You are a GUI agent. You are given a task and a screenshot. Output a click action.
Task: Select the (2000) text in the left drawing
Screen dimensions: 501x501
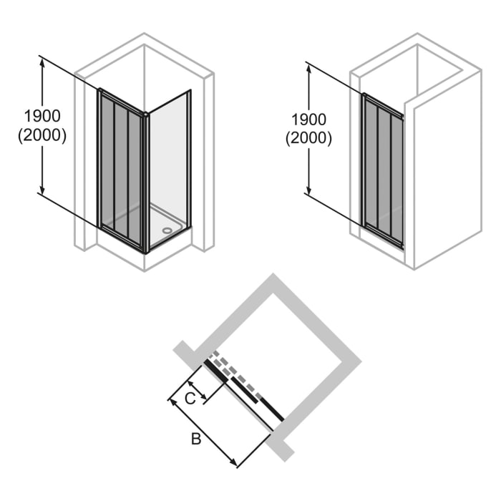coord(42,135)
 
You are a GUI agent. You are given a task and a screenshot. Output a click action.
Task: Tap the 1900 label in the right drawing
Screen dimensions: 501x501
coord(308,120)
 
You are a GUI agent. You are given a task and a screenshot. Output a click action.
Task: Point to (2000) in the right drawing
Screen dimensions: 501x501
coord(308,139)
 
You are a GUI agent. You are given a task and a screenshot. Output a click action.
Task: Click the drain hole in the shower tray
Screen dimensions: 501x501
coord(167,230)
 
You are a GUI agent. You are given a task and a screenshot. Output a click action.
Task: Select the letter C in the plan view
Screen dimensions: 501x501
coord(190,399)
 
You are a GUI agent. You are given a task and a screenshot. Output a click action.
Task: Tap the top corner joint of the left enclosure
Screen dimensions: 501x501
coord(146,114)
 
